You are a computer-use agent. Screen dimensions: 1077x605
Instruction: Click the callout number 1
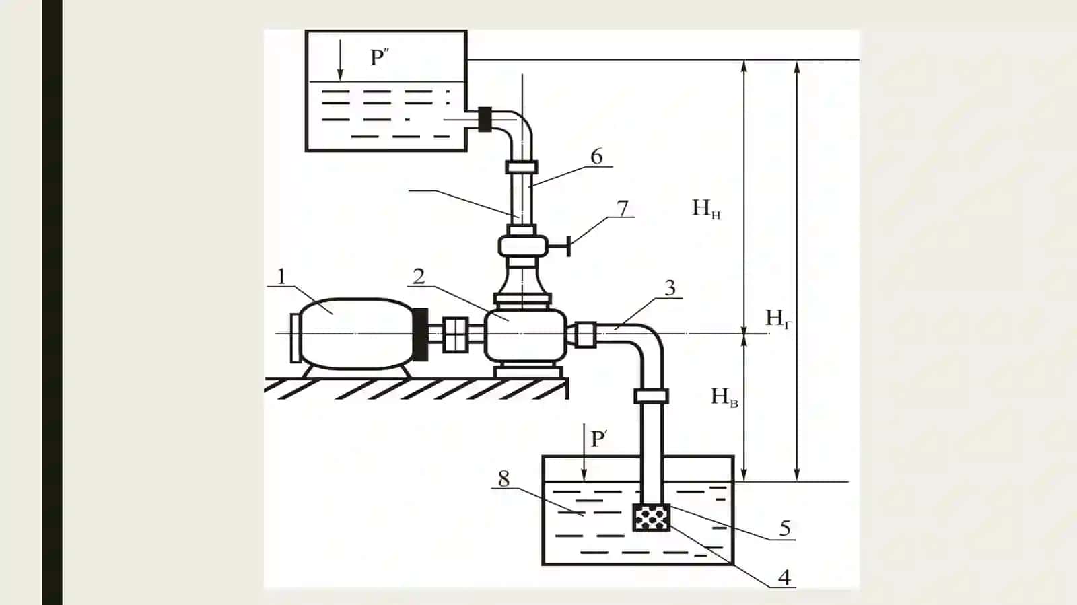[x=282, y=277]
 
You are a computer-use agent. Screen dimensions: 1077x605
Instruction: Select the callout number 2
[x=419, y=277]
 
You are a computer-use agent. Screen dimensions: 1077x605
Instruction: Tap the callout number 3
[x=670, y=287]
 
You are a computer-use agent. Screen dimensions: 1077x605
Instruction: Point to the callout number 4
[x=784, y=577]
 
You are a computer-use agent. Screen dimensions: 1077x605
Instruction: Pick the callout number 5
[x=785, y=528]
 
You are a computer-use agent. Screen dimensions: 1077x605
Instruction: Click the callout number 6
[x=596, y=156]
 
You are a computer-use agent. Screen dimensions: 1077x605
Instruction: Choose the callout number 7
[x=622, y=208]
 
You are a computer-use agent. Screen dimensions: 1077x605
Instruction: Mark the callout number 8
[x=503, y=478]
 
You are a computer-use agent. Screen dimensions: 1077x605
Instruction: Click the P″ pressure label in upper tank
[x=379, y=58]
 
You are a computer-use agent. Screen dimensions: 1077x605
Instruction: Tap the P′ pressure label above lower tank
[x=599, y=439]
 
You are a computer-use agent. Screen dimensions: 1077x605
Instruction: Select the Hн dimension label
[x=706, y=209]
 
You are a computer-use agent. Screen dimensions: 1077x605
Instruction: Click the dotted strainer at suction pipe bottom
[x=652, y=517]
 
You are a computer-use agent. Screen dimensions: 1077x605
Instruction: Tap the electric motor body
[x=356, y=334]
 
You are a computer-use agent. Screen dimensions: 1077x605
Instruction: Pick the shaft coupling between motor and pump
[x=455, y=334]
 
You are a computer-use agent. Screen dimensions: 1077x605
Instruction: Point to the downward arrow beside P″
[x=340, y=60]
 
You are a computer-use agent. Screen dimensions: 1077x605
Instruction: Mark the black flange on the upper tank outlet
[x=485, y=118]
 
